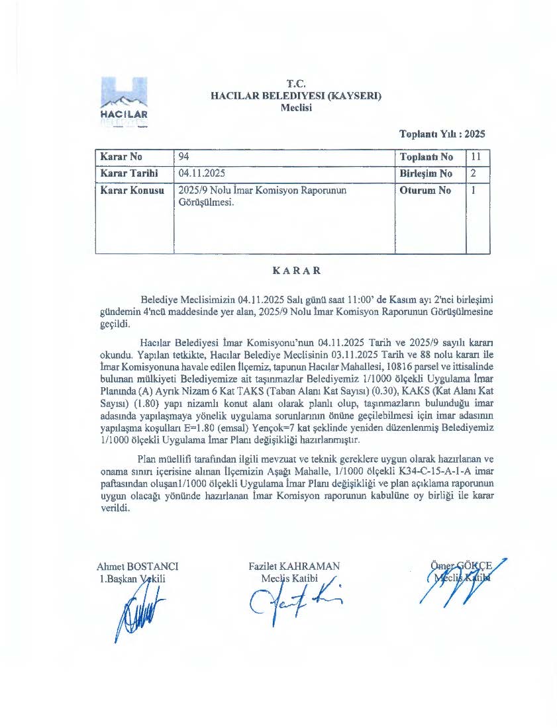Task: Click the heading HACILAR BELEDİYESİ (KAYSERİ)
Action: [x=295, y=95]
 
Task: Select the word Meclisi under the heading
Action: [x=295, y=107]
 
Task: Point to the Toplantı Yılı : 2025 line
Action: [x=442, y=134]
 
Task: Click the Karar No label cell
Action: [x=121, y=158]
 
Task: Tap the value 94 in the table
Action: [x=185, y=158]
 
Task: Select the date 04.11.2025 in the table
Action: [x=203, y=174]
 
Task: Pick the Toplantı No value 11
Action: [x=476, y=158]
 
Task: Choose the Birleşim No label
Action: [x=427, y=174]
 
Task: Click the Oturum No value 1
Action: [x=473, y=191]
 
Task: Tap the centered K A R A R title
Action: [x=297, y=271]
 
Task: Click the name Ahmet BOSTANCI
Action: [x=137, y=567]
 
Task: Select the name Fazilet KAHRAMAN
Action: [x=294, y=567]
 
